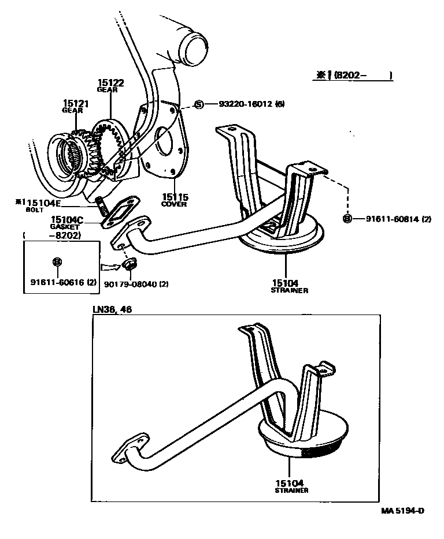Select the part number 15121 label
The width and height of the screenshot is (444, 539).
coord(75,103)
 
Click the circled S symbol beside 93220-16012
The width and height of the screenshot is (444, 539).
coord(199,104)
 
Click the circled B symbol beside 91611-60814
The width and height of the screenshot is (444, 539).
coord(347,219)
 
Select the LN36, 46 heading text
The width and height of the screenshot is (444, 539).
coord(112,310)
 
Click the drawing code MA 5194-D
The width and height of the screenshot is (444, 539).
coord(402,511)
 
